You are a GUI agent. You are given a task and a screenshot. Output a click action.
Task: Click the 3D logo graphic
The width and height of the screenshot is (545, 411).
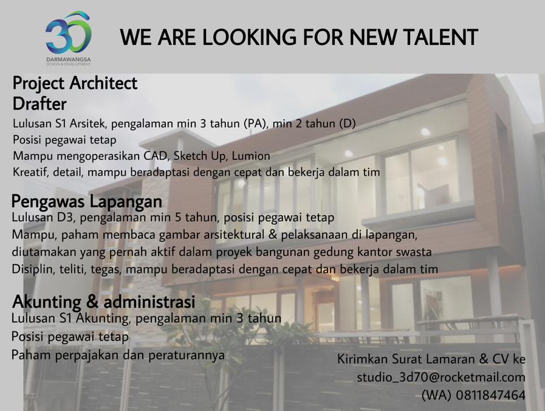[x=68, y=33]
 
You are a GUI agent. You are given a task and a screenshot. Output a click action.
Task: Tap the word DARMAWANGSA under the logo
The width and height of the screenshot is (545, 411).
[x=69, y=60]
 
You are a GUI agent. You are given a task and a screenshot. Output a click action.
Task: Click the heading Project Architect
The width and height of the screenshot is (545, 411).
[x=75, y=83]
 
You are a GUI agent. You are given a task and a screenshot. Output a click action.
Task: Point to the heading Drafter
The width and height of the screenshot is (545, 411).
[x=39, y=103]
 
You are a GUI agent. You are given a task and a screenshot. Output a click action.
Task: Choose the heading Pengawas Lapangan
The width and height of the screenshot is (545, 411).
[x=87, y=202]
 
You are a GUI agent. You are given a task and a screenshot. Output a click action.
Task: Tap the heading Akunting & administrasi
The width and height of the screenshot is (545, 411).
[x=103, y=302]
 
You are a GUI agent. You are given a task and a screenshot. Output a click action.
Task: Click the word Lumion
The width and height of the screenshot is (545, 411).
[x=251, y=156]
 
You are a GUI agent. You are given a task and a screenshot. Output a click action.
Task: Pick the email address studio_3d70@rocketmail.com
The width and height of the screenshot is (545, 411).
[x=441, y=378]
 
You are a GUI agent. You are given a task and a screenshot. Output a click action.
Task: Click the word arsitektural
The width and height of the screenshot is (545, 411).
[x=234, y=235]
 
